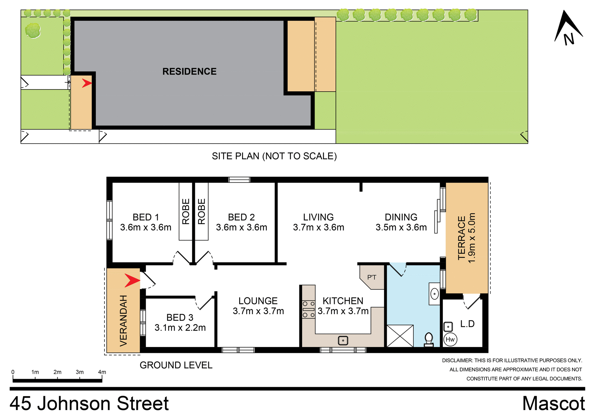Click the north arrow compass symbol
pos(568,28)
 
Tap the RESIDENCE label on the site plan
pos(189,71)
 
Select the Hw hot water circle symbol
pos(450,340)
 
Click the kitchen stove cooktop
pos(308,309)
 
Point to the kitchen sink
pos(343,340)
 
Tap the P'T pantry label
pos(372,277)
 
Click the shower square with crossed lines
pos(400,336)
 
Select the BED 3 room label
pos(180,318)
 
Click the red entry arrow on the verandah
pos(132,280)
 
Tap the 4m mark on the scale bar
pos(102,372)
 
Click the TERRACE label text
pos(462,238)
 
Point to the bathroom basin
pos(434,294)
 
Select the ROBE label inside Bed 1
pos(186,211)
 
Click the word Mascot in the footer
pos(553,404)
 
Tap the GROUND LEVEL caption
pos(176,365)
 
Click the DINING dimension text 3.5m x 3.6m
pos(401,227)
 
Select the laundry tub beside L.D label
pos(448,327)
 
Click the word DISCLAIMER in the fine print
pos(456,361)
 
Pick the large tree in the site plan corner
pos(33,30)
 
